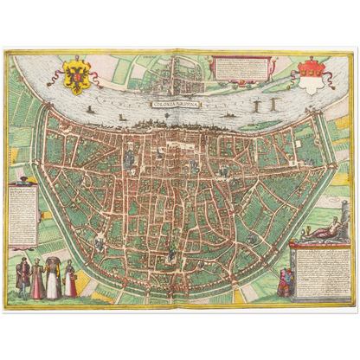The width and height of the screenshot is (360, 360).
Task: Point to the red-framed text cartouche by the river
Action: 240,68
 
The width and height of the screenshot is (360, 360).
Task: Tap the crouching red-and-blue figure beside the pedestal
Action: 284,281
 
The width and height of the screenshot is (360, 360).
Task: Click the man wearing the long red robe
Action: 39,280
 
